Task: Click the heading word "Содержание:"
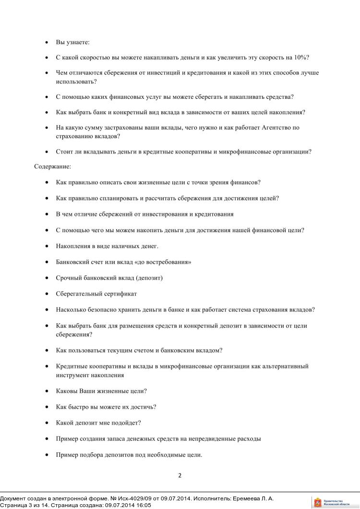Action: pyautogui.click(x=52, y=166)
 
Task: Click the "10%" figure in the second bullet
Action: pyautogui.click(x=301, y=58)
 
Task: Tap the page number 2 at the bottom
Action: pyautogui.click(x=180, y=476)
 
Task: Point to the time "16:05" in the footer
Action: pyautogui.click(x=143, y=505)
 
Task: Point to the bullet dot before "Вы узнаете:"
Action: pyautogui.click(x=46, y=43)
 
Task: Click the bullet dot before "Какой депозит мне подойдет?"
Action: pyautogui.click(x=46, y=423)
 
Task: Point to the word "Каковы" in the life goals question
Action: pyautogui.click(x=66, y=391)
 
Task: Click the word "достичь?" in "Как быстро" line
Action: pyautogui.click(x=143, y=407)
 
